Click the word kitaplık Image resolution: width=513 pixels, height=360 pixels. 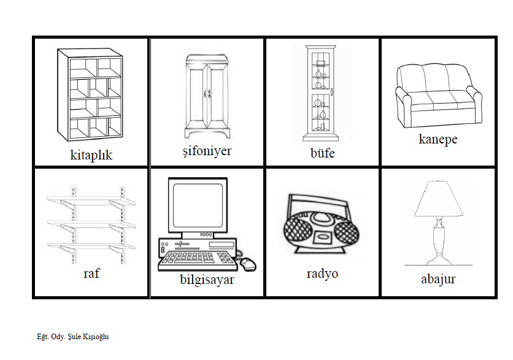(x=91, y=155)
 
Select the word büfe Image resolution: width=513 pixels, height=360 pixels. (x=322, y=153)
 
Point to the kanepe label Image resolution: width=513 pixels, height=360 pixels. (x=438, y=139)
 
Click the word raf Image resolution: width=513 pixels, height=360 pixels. (x=91, y=273)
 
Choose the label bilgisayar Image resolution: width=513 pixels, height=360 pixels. (x=207, y=280)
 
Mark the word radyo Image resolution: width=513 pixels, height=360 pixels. (x=322, y=273)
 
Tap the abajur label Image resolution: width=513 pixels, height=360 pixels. (x=438, y=279)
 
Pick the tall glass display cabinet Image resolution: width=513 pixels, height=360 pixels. (x=322, y=93)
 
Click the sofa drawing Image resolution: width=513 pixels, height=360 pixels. (x=438, y=95)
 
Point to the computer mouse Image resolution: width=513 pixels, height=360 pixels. (x=247, y=264)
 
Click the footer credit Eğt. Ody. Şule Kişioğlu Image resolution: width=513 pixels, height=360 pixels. (x=73, y=336)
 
